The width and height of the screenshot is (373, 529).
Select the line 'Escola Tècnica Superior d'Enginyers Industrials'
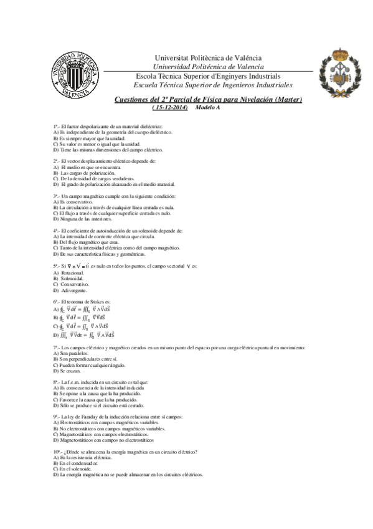[x=208, y=75]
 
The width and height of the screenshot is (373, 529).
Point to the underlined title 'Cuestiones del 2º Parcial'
[x=208, y=99]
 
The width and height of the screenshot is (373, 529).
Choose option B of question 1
[x=92, y=138]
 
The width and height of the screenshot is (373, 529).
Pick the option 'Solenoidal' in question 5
[x=75, y=279]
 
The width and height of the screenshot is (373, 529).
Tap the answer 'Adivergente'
[x=74, y=291]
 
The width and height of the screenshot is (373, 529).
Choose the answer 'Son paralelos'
[x=75, y=353]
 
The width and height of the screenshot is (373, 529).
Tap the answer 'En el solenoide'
[x=74, y=469]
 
